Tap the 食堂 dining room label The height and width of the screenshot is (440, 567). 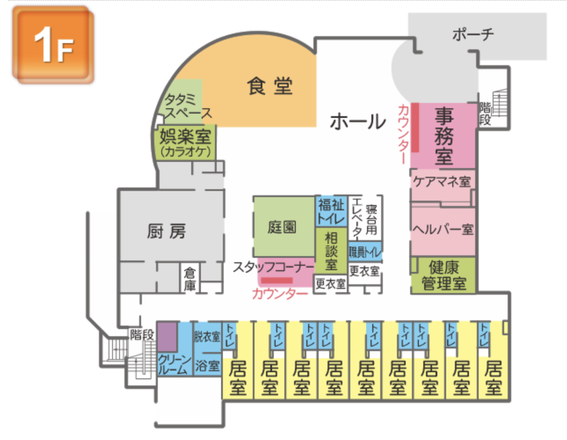269,86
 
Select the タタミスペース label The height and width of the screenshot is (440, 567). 187,106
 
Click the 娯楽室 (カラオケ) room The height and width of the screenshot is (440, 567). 185,143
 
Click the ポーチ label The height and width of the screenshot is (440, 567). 473,34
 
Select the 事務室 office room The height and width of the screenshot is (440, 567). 444,136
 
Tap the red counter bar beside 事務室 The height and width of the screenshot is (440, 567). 414,128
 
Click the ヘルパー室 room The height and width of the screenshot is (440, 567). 443,229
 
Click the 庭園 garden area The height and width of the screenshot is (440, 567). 283,227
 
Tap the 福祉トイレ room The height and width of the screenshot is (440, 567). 331,212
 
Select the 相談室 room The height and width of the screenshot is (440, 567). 331,251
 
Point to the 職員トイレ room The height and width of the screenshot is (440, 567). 365,252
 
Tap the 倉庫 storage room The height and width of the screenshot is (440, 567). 190,279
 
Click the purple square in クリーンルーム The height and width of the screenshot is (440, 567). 167,337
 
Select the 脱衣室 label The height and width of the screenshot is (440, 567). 207,337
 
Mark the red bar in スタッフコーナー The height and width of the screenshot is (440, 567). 277,280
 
